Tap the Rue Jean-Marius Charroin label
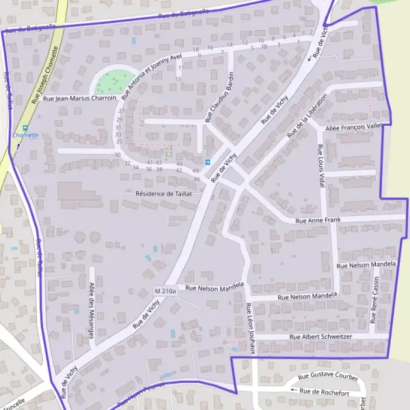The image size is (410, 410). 79,98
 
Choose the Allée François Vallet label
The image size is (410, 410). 355,127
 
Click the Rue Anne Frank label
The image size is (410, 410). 318,221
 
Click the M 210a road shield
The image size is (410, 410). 165,291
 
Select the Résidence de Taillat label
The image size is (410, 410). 164,193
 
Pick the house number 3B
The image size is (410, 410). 264,46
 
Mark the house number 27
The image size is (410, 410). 121,111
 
